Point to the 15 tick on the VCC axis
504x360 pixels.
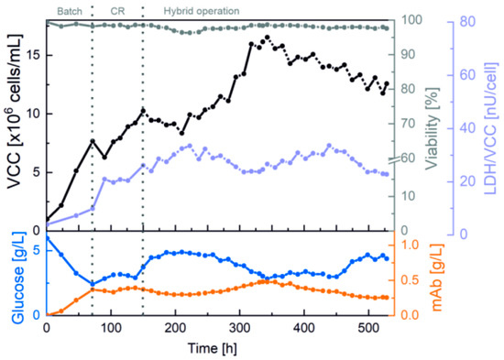[x=33, y=55]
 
